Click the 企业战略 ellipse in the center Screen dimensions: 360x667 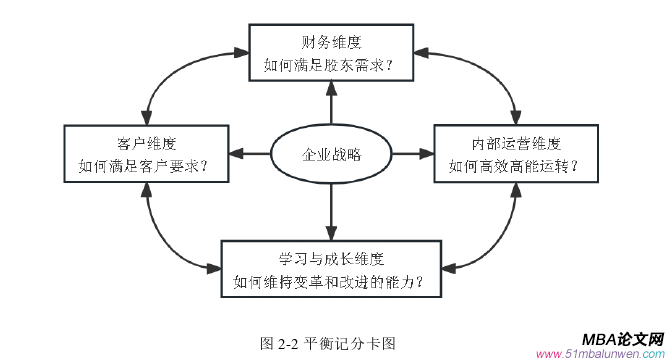(330, 155)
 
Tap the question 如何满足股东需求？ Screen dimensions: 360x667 (329, 66)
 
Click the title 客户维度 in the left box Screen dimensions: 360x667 (145, 142)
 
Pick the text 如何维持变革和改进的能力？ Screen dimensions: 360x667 (329, 281)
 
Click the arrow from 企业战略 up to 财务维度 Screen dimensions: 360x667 (329, 105)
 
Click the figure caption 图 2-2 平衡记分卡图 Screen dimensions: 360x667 (329, 342)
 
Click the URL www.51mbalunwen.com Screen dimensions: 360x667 (600, 354)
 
